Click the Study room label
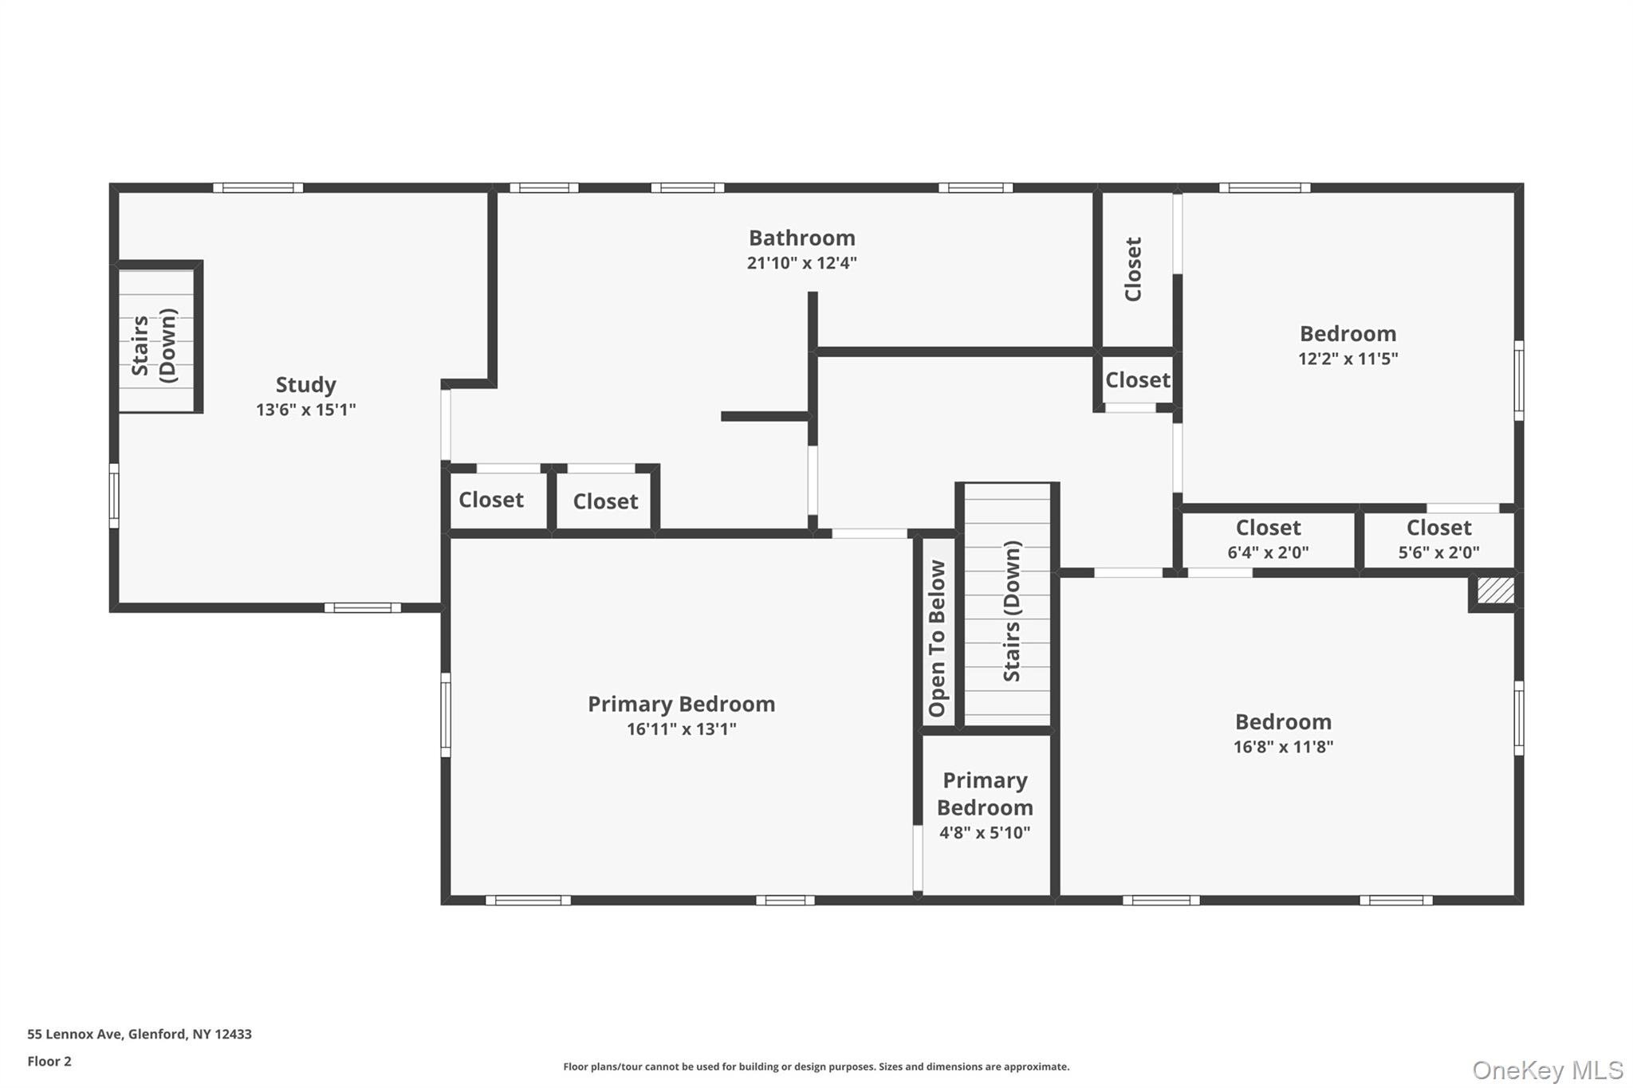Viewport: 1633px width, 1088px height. pyautogui.click(x=305, y=384)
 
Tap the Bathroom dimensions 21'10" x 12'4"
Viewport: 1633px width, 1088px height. pyautogui.click(x=801, y=263)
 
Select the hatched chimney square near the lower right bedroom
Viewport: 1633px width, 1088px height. pyautogui.click(x=1495, y=591)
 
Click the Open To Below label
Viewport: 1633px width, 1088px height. pyautogui.click(x=937, y=638)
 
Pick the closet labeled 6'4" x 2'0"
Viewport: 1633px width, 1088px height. pyautogui.click(x=1268, y=539)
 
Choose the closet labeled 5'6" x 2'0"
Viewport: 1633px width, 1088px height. pyautogui.click(x=1438, y=539)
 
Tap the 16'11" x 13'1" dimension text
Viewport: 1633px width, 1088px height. pyautogui.click(x=681, y=729)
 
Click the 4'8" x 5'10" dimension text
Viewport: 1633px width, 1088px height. pyautogui.click(x=984, y=833)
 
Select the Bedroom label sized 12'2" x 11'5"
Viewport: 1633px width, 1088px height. pyautogui.click(x=1348, y=333)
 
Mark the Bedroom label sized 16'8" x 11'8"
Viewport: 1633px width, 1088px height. pyautogui.click(x=1283, y=721)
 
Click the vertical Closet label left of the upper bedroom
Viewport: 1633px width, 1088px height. pyautogui.click(x=1133, y=269)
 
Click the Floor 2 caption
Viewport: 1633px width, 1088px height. pyautogui.click(x=49, y=1061)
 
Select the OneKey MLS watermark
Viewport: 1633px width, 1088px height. pyautogui.click(x=1547, y=1070)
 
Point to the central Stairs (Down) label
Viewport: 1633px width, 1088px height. pyautogui.click(x=1011, y=611)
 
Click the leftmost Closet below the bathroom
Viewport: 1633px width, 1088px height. pyautogui.click(x=491, y=500)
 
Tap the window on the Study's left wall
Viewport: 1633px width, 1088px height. pyautogui.click(x=114, y=495)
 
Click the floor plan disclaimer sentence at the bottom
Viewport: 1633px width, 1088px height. pyautogui.click(x=816, y=1066)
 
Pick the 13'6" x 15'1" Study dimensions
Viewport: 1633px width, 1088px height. pyautogui.click(x=305, y=410)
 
